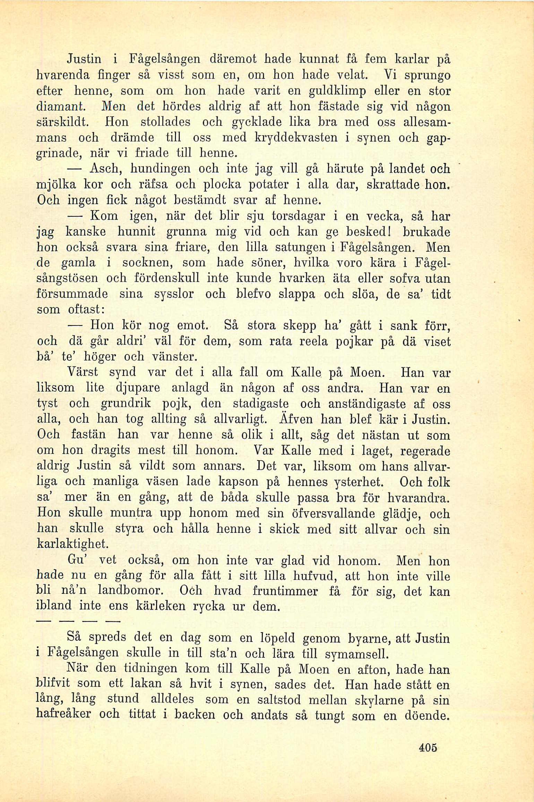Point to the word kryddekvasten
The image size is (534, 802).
tap(296, 138)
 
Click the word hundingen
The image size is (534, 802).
tap(161, 169)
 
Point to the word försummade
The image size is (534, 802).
tap(72, 294)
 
